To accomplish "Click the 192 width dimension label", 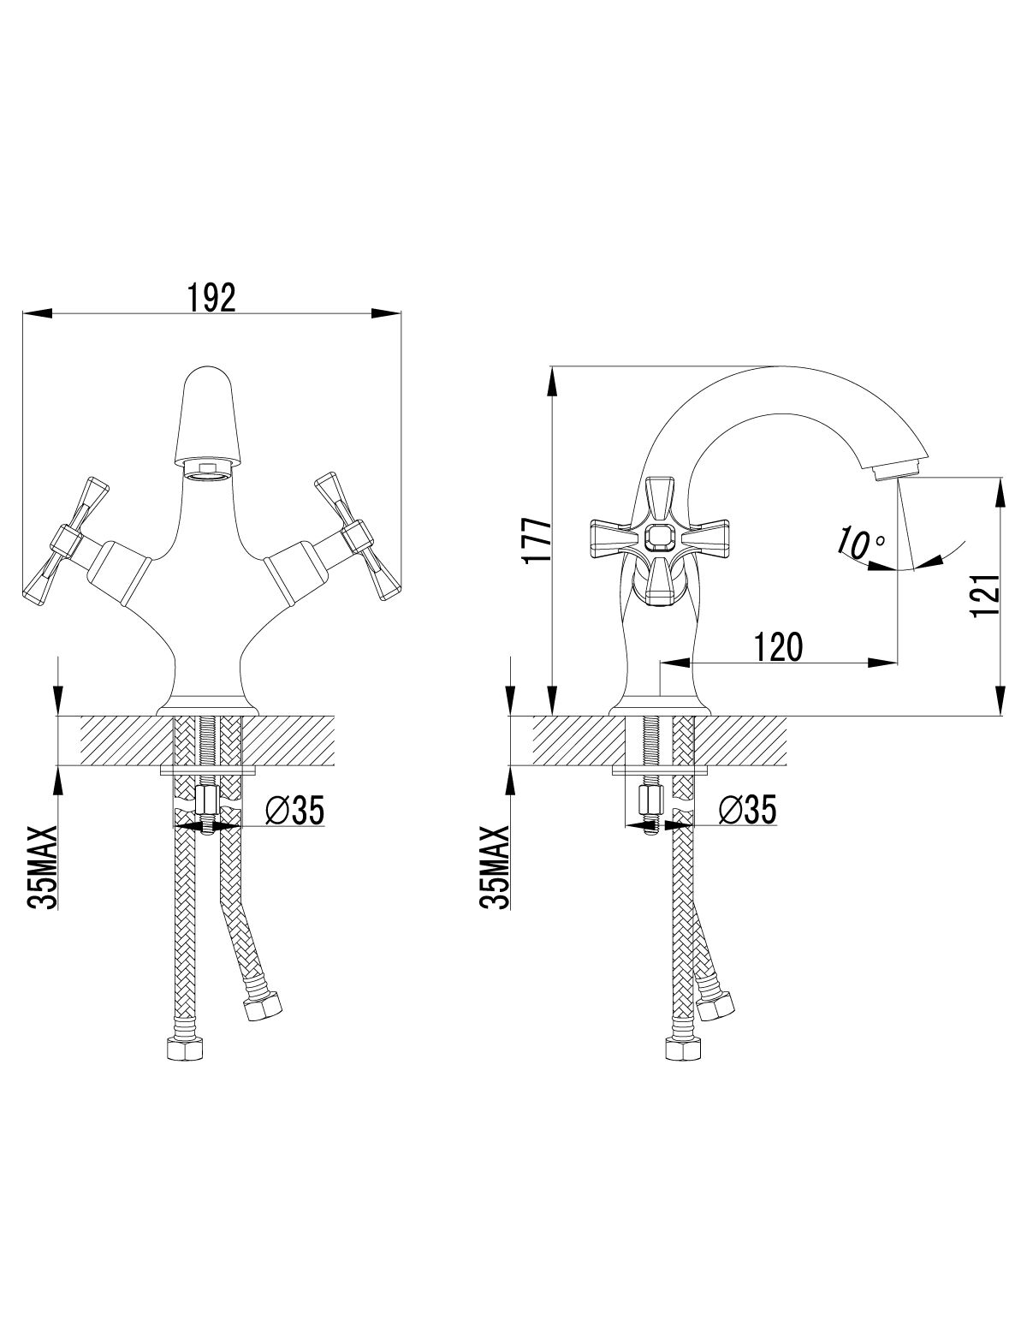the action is (211, 298).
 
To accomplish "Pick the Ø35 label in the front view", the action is (294, 812).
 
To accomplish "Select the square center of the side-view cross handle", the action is (659, 537).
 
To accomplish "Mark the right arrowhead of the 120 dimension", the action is (883, 662).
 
